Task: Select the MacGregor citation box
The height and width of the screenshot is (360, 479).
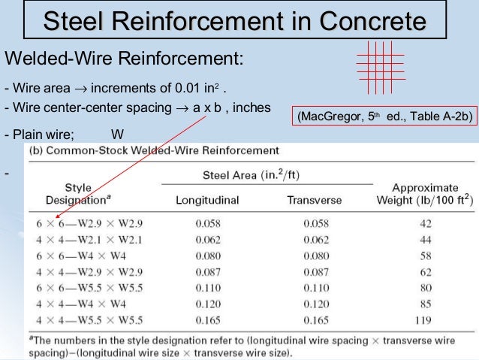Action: coord(384,117)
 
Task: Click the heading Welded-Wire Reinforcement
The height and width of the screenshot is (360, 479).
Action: coord(124,59)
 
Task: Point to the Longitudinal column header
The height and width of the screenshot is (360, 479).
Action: coord(207,201)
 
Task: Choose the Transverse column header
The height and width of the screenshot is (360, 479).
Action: coord(314,201)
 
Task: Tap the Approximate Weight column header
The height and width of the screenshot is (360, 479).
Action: coord(425,193)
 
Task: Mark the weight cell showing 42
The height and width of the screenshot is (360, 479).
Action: coord(425,224)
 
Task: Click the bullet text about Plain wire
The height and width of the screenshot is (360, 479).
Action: coord(64,135)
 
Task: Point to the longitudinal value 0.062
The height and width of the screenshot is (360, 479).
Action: coord(207,238)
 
